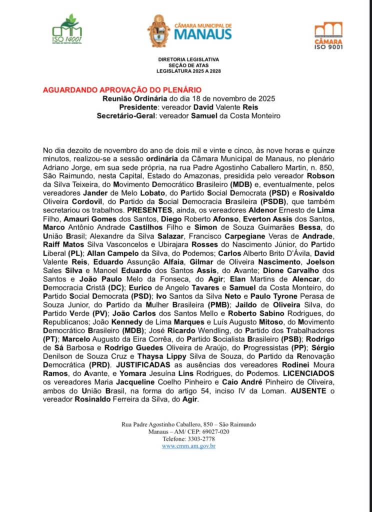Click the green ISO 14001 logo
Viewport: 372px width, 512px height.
click(67, 29)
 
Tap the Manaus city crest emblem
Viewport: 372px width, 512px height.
click(158, 31)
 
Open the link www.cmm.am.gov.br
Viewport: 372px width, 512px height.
click(188, 445)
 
